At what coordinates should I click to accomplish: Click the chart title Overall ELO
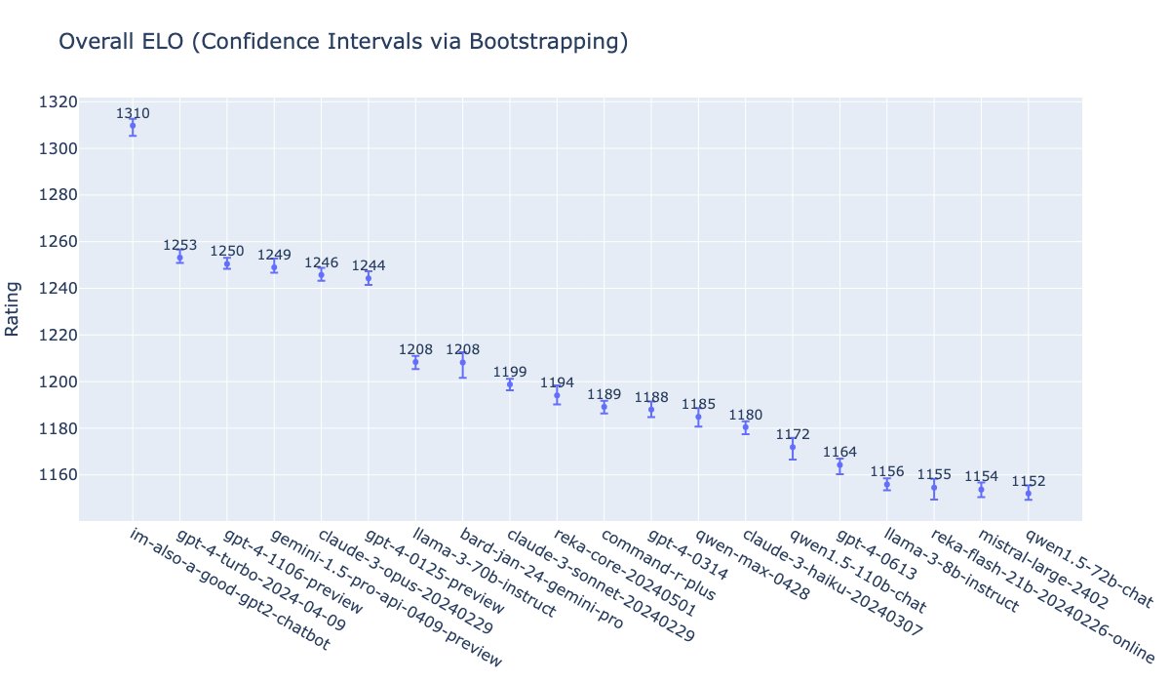click(x=342, y=42)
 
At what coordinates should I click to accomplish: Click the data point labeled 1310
click(x=133, y=126)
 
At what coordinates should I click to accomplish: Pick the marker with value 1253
click(x=179, y=258)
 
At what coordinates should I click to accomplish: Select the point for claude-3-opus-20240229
click(x=321, y=274)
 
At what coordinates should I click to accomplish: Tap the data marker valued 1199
click(x=510, y=384)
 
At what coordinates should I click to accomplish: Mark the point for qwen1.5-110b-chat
click(x=793, y=447)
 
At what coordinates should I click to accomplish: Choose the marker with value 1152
click(x=1029, y=494)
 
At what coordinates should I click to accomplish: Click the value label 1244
click(x=369, y=265)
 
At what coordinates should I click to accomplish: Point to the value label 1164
click(x=839, y=452)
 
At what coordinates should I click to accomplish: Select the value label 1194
click(x=557, y=382)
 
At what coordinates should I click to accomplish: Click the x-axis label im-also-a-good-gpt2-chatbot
click(x=230, y=589)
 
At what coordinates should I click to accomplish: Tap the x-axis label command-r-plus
click(x=659, y=565)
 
